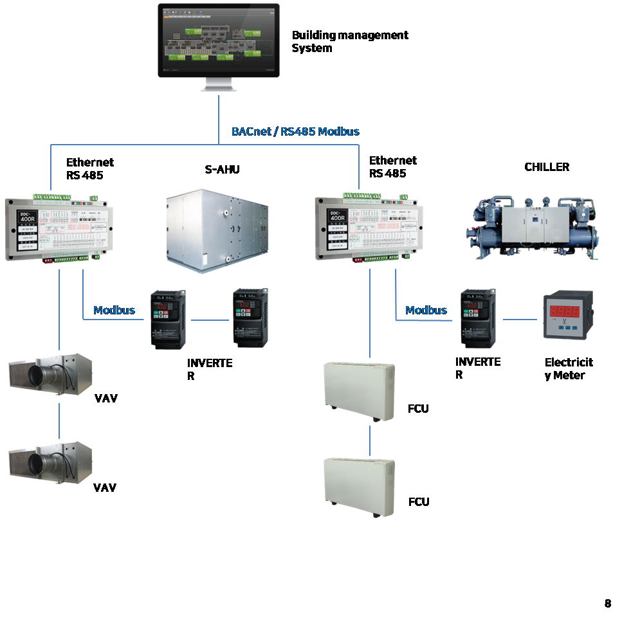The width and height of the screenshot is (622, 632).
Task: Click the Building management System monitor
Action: point(219,42)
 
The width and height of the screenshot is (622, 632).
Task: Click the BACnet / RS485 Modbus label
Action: point(295,131)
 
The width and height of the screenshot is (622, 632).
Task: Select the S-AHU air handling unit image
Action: point(219,228)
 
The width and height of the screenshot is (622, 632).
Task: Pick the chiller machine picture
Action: point(536,227)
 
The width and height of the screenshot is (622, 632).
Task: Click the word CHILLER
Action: point(547,167)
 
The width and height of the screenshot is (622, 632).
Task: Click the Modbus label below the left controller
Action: point(114,311)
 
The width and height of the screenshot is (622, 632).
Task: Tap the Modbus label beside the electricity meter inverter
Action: point(426,311)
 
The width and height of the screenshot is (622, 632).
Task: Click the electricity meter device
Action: point(568,315)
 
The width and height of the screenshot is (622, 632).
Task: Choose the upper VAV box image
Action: point(51,375)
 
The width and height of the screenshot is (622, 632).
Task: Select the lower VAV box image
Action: point(51,463)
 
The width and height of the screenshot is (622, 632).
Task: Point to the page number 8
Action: point(608,603)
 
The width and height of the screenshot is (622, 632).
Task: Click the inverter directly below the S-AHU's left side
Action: point(168,320)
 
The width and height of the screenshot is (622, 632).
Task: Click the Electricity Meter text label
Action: point(569,368)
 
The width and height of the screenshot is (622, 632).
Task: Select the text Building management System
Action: point(349,41)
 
